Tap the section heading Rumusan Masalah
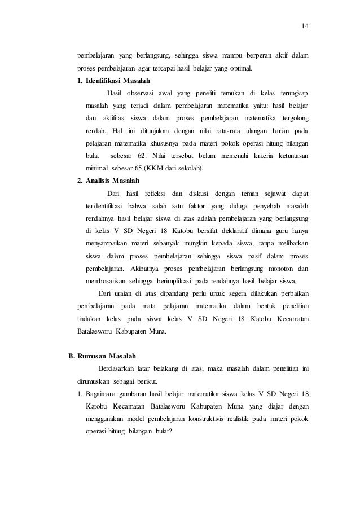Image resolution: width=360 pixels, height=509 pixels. coord(104,356)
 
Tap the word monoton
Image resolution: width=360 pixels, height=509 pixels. coord(274,268)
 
